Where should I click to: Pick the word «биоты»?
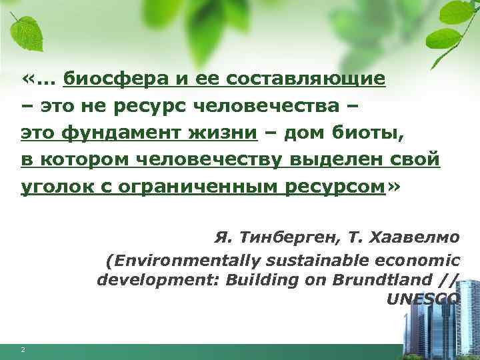pos(367,133)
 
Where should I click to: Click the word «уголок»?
pos(49,187)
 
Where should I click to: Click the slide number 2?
pos(23,350)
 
